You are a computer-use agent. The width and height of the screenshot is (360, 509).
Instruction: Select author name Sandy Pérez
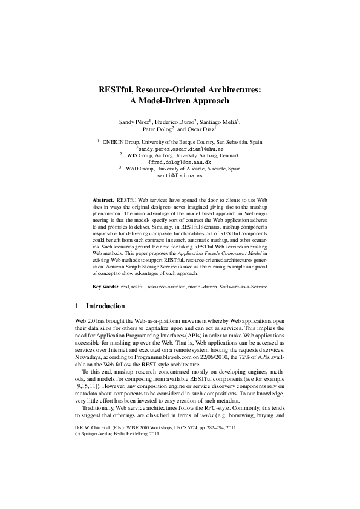[133, 122]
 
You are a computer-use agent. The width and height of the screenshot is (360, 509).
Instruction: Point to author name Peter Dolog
[157, 129]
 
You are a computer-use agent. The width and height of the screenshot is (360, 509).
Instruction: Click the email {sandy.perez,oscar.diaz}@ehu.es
[180, 148]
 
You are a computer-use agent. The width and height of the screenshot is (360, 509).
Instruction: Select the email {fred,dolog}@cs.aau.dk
[180, 163]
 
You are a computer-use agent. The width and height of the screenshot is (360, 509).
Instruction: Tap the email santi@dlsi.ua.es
[180, 177]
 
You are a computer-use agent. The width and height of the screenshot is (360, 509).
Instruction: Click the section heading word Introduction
[106, 306]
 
